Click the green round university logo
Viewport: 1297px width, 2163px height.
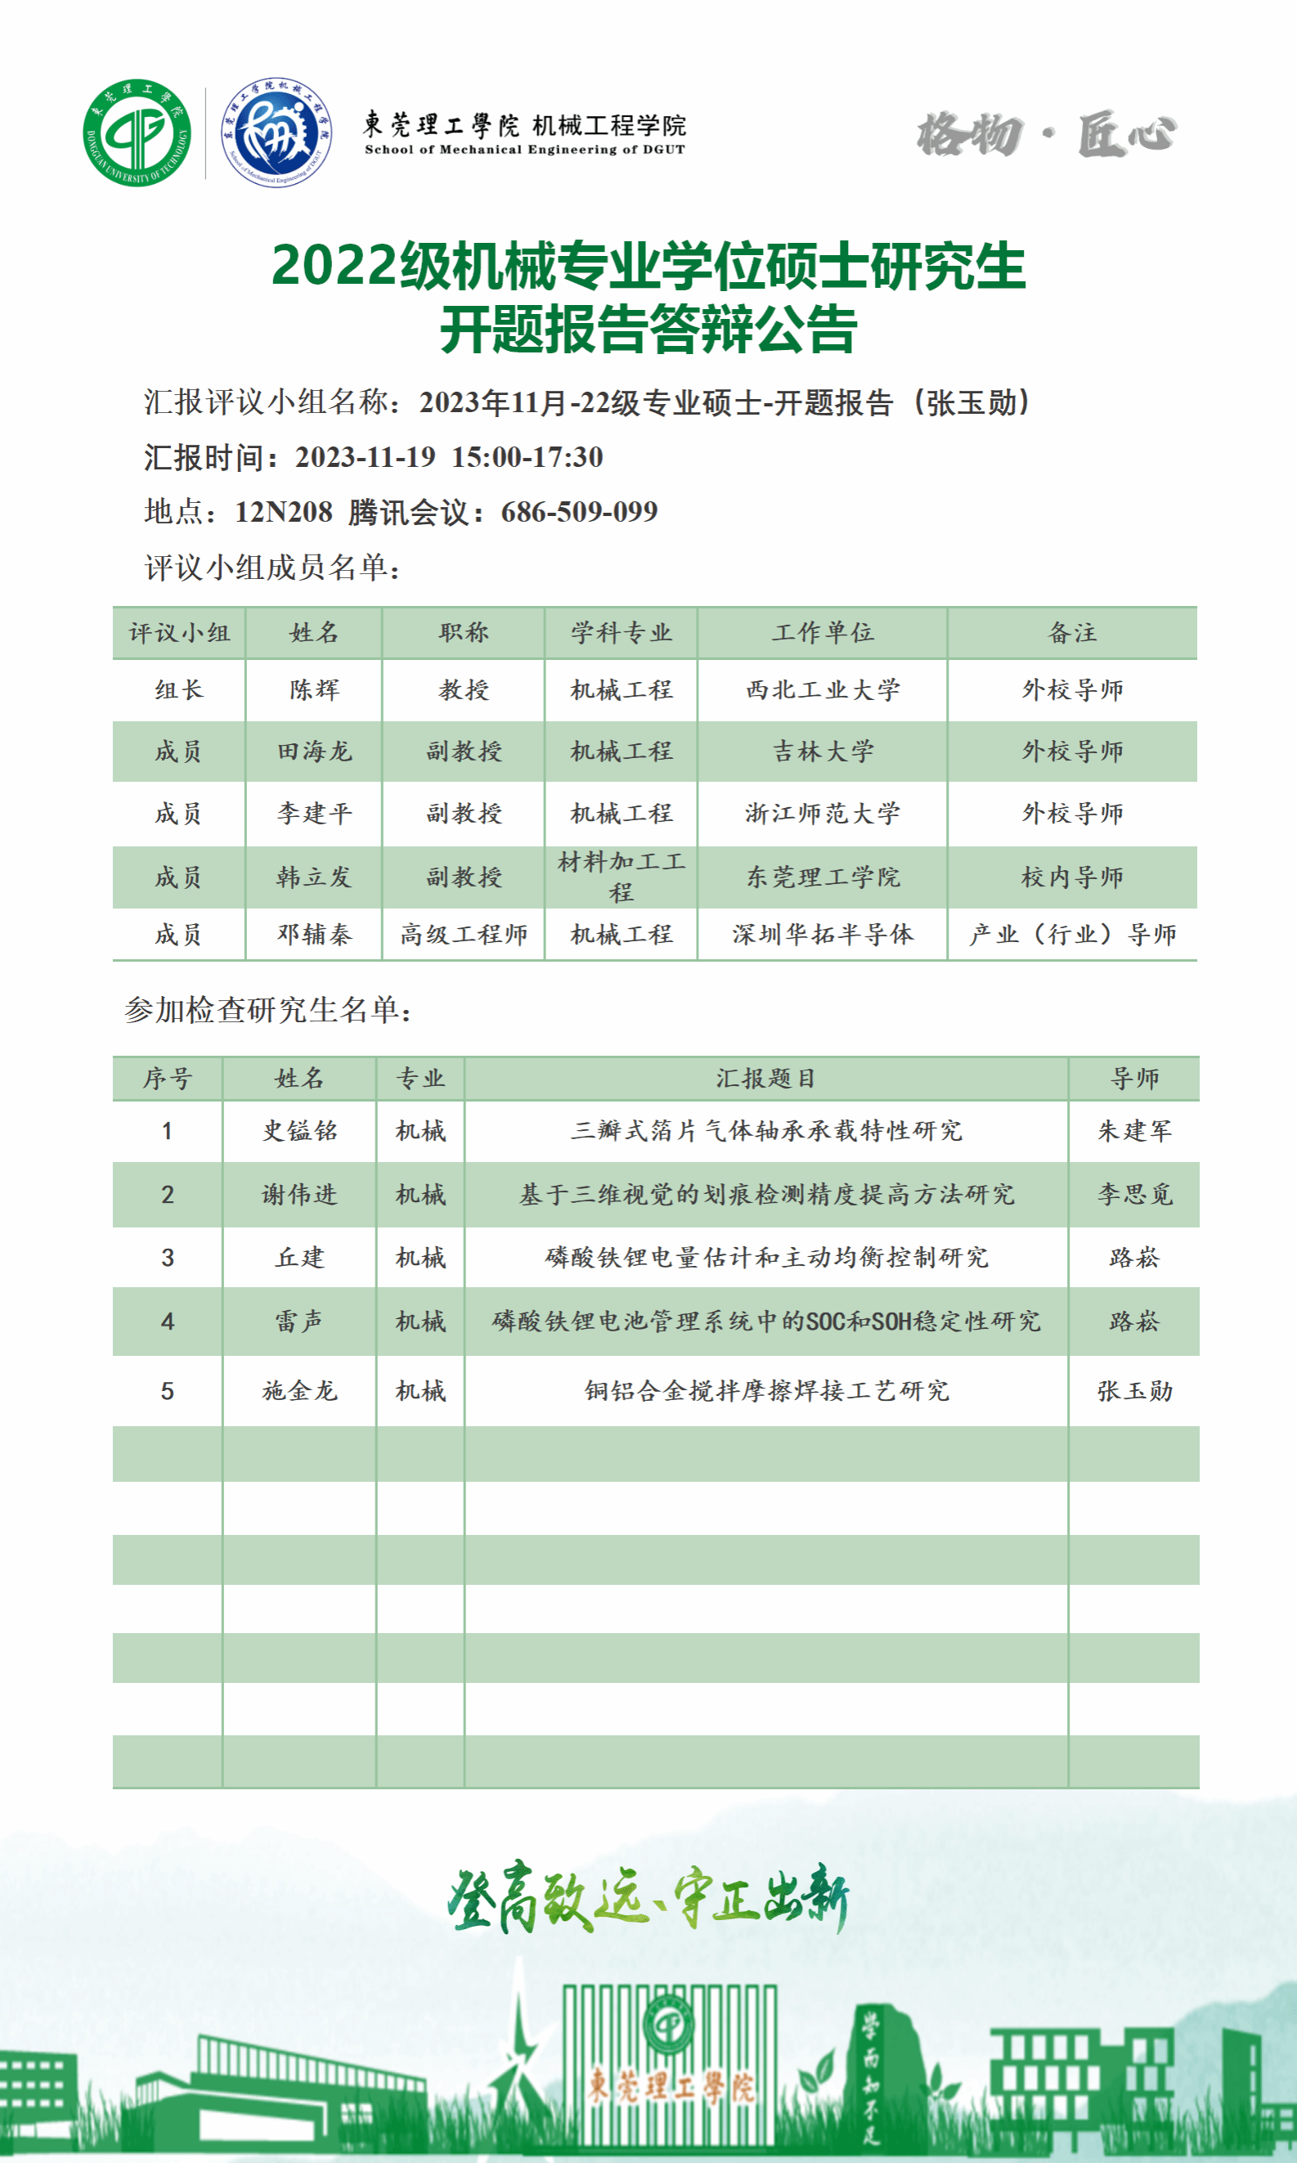click(137, 132)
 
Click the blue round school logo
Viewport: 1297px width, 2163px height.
click(276, 132)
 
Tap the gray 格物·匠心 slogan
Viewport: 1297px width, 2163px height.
click(1046, 135)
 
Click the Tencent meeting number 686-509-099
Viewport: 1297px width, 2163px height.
click(579, 512)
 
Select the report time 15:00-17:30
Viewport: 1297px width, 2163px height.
click(527, 457)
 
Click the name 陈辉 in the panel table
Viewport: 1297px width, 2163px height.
click(314, 689)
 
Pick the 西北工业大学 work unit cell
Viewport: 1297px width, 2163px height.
click(823, 689)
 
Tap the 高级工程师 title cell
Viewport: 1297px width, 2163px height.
click(463, 934)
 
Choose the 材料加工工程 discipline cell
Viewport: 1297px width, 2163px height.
click(622, 877)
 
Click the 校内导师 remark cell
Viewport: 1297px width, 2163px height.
click(1072, 877)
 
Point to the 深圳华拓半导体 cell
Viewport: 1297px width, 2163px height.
click(823, 934)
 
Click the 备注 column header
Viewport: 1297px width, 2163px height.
click(1072, 633)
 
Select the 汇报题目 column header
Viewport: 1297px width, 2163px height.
click(765, 1079)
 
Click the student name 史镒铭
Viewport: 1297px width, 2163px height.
click(300, 1131)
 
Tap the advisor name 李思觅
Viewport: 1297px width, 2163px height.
click(1134, 1194)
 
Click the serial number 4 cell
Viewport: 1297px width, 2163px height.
click(167, 1322)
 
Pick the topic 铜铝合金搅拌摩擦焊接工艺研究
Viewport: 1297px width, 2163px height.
click(765, 1390)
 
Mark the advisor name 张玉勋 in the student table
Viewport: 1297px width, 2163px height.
click(1134, 1390)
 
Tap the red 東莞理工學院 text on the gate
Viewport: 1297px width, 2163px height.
click(670, 2086)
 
